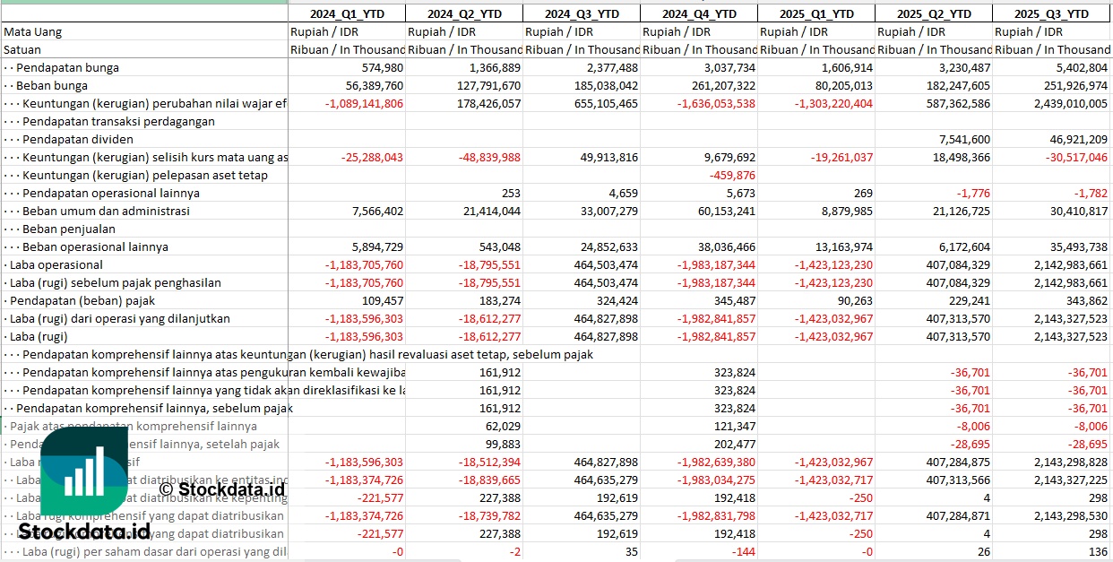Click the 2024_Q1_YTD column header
pos(346,13)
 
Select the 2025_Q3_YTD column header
pos(1051,13)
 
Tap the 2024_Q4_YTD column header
pos(699,13)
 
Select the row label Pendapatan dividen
pos(78,139)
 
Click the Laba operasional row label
pos(56,264)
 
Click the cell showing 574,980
pos(381,67)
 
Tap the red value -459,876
pos(731,175)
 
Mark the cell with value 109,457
pos(383,300)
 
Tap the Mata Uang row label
pos(33,31)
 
